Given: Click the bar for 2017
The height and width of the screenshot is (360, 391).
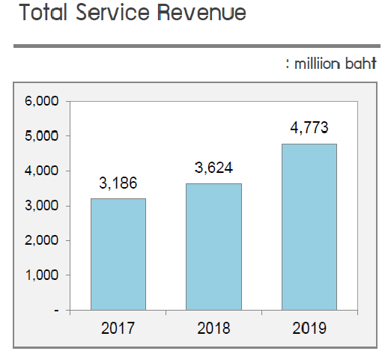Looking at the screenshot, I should (x=118, y=254).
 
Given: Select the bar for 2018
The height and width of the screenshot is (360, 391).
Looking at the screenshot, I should (x=213, y=246).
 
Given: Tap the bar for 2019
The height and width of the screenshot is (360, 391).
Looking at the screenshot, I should (x=309, y=226).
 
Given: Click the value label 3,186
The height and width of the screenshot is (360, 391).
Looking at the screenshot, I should (x=118, y=183).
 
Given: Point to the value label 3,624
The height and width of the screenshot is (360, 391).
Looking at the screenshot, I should (x=213, y=168).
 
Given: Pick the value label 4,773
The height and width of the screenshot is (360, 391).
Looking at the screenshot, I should (x=309, y=127).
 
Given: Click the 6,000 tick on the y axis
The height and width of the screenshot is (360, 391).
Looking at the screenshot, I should (x=42, y=101).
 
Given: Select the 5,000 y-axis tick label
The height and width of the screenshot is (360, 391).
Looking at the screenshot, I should (x=42, y=136).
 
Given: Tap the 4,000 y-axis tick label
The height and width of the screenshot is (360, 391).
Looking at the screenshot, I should (x=42, y=171).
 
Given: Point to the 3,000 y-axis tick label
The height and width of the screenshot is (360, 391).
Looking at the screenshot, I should (x=42, y=206).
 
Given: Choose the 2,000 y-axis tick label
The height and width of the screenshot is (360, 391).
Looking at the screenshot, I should (x=42, y=240).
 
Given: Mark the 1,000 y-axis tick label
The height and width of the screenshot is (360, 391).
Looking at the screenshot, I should (x=42, y=275).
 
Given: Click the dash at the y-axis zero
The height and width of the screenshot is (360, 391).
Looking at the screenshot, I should (x=57, y=310).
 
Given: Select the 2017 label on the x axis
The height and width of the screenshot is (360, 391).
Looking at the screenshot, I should (x=118, y=328).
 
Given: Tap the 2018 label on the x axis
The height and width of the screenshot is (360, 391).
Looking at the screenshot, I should (x=213, y=328).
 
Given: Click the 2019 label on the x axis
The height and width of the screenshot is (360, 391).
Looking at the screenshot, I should (x=309, y=328).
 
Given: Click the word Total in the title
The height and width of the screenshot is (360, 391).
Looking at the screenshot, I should (x=44, y=14).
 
